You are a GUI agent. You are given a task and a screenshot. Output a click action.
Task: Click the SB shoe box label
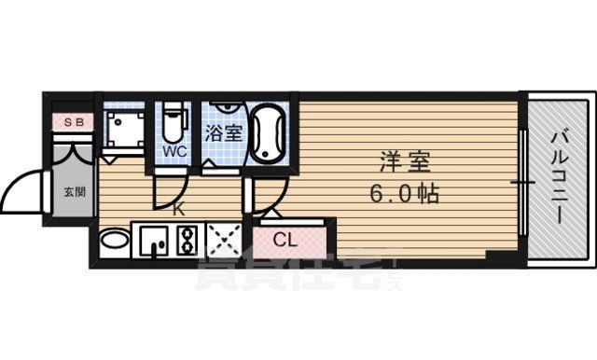[x=71, y=120]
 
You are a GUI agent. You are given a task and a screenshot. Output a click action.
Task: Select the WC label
[x=174, y=149]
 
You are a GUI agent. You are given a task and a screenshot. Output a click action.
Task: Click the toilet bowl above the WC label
[x=174, y=120]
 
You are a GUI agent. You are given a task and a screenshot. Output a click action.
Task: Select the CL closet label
[x=285, y=240]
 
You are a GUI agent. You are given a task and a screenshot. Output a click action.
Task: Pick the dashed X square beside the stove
[x=224, y=240]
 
